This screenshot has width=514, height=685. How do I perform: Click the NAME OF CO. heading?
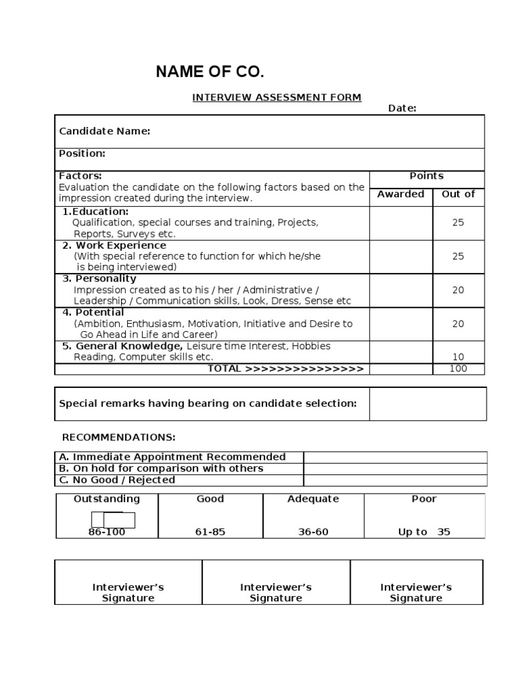205,72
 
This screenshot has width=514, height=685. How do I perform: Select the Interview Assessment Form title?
276,97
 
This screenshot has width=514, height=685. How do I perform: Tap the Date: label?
402,108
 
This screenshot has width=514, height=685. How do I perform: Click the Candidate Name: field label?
104,131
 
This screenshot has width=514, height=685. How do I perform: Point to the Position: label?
82,153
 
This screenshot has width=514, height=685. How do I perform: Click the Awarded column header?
400,194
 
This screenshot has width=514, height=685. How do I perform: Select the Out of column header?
458,194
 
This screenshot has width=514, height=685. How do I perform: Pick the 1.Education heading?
96,211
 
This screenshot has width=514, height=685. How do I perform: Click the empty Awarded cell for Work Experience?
401,256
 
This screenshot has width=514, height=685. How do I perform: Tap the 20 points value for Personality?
458,290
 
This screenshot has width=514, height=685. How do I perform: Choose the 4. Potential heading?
93,312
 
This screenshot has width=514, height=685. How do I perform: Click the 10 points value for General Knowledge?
458,357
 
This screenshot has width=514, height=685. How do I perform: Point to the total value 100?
458,369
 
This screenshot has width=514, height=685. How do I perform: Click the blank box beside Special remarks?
427,403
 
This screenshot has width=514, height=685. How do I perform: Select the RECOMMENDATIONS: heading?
118,437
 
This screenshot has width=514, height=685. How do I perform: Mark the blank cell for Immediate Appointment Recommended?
395,457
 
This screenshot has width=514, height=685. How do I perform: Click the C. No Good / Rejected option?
117,480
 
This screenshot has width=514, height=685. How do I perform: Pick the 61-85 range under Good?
210,532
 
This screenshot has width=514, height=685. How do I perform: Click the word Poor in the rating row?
424,499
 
